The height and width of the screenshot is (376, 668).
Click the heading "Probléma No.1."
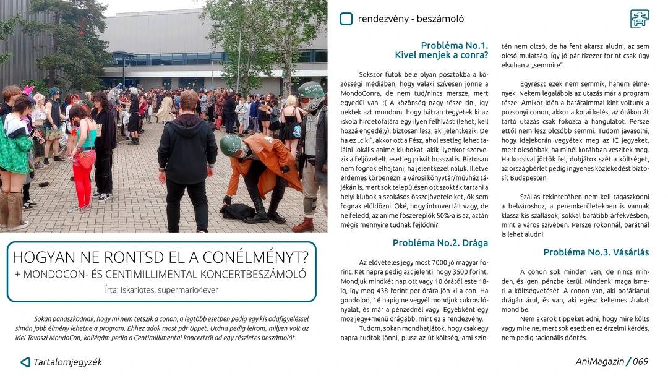454,45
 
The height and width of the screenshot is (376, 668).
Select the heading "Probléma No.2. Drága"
440,243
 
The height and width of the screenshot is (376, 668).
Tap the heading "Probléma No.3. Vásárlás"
596,252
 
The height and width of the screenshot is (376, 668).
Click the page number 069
640,362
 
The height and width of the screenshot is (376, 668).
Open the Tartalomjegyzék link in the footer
67,362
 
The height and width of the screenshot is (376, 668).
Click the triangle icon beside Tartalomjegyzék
25,362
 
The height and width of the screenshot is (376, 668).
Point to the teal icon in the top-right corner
640,19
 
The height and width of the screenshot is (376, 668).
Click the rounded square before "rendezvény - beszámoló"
346,19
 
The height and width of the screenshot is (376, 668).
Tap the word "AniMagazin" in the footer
599,362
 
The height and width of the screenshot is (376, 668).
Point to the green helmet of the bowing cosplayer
229,145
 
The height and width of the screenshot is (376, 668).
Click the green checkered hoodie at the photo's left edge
14,145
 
